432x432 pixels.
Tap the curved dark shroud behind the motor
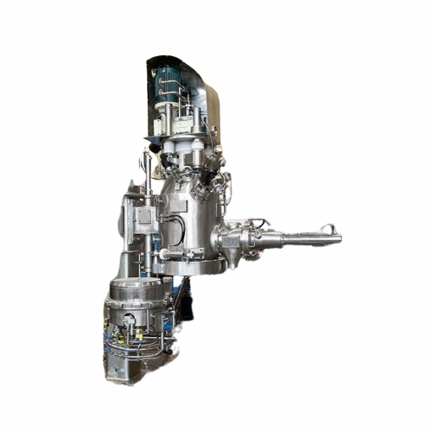(x=207, y=95)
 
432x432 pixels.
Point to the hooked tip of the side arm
(x=329, y=229)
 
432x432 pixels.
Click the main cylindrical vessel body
(x=190, y=216)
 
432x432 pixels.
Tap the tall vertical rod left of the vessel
(x=148, y=207)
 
